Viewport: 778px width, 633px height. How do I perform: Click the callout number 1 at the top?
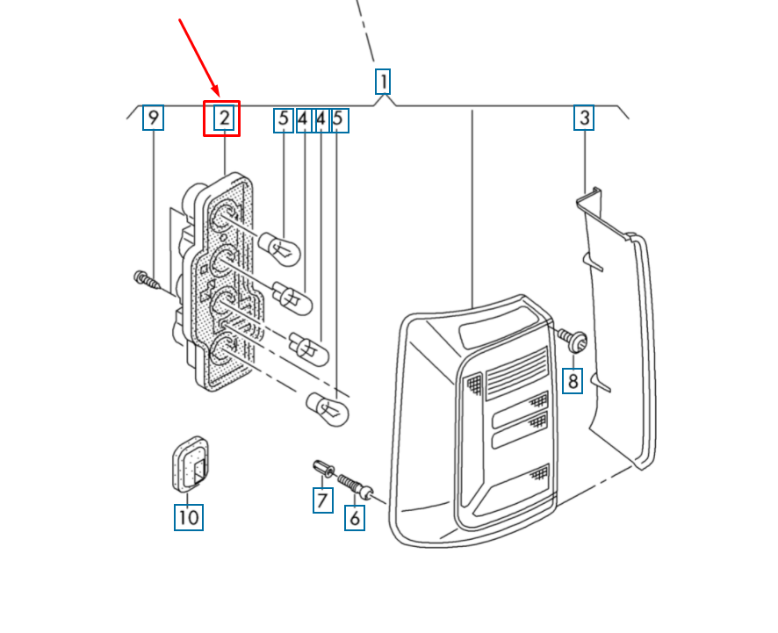tap(383, 82)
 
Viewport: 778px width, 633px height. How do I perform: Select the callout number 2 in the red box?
tap(224, 118)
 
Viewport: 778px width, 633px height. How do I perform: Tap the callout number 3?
tap(584, 118)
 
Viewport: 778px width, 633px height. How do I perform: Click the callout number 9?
tap(154, 118)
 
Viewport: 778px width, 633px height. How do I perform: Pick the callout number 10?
tap(189, 517)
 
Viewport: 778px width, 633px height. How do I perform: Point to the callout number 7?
tap(322, 500)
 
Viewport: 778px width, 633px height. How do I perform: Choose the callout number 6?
tap(355, 518)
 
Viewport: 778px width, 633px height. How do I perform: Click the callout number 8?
tap(573, 381)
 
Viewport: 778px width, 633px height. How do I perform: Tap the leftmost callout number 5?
tap(284, 120)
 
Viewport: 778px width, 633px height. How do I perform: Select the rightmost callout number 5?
tap(339, 120)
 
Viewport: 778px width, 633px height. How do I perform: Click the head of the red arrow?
tap(218, 94)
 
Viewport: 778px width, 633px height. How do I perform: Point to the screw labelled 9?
tap(148, 281)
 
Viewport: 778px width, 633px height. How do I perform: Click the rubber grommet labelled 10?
tap(190, 464)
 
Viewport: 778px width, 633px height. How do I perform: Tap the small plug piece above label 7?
tap(323, 468)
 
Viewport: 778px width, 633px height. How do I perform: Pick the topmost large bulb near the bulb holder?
tap(279, 248)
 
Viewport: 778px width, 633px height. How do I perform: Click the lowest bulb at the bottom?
tap(328, 409)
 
